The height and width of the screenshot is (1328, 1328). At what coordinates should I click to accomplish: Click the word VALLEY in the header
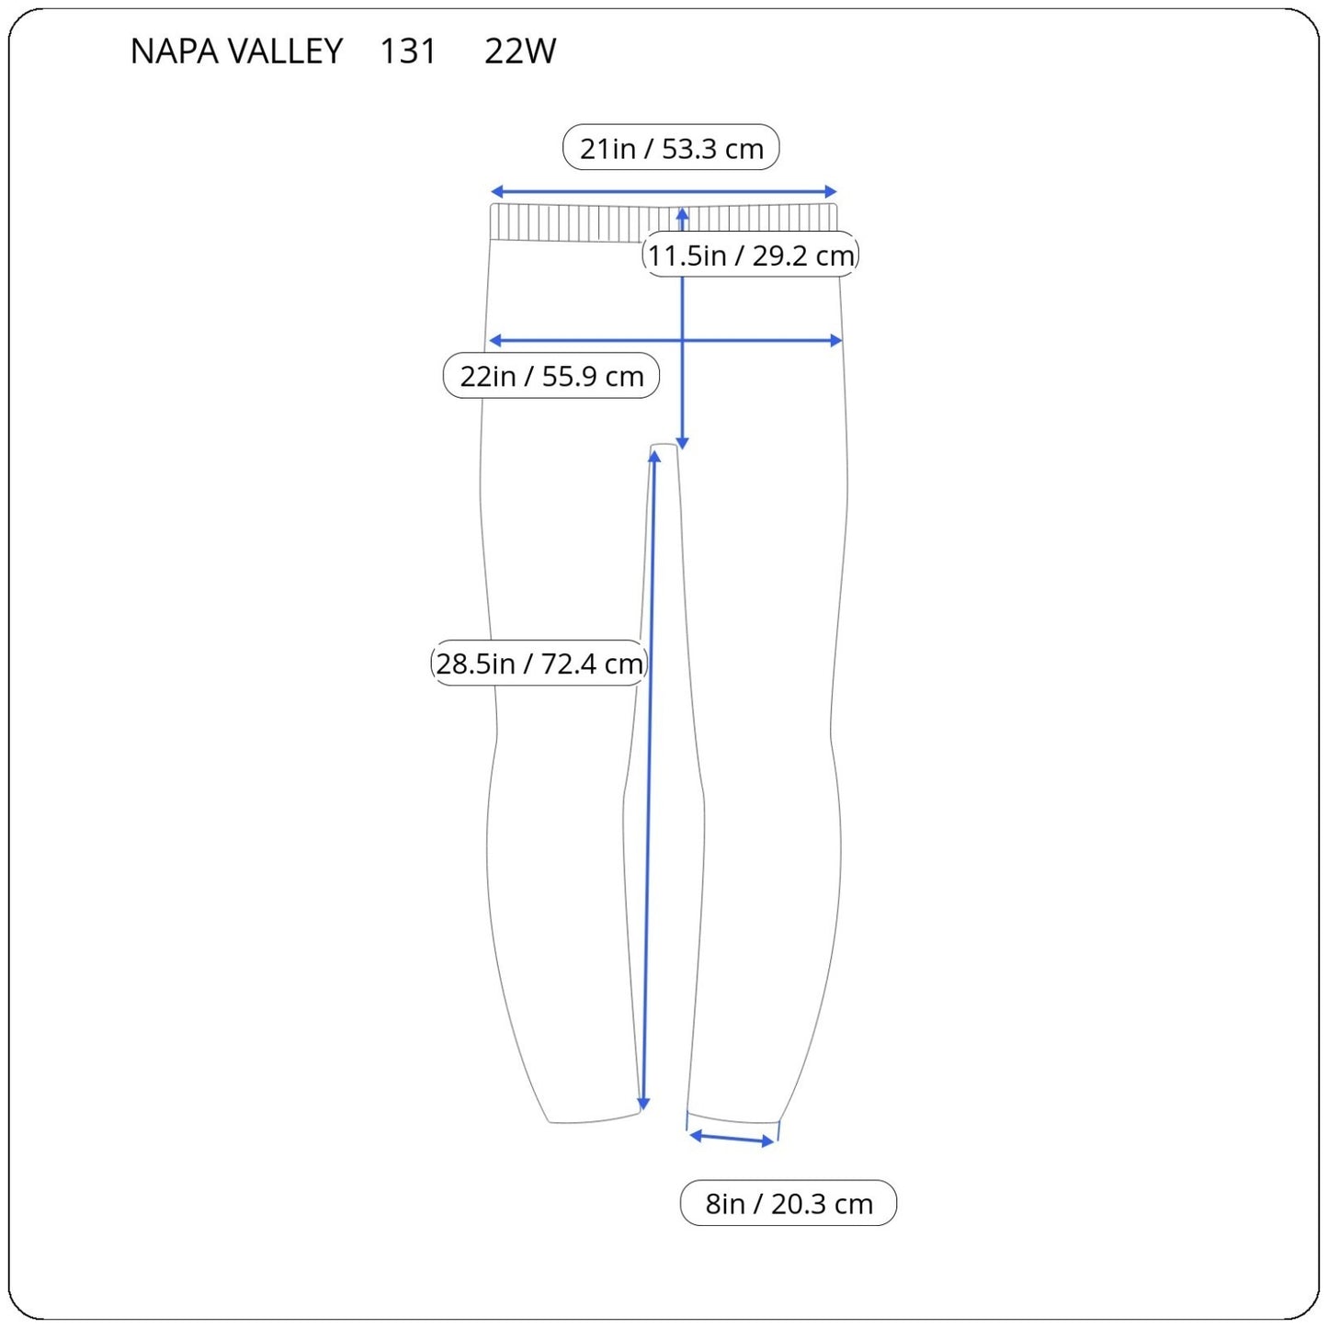(285, 51)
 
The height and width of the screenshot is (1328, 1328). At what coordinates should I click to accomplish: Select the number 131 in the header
(408, 51)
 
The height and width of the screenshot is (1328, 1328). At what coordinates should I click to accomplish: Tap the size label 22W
(519, 51)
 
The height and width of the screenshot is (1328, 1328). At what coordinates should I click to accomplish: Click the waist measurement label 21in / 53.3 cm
(671, 147)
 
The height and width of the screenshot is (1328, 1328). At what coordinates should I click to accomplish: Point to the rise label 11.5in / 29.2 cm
(751, 255)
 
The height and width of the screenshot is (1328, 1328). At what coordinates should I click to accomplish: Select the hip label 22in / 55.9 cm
(551, 376)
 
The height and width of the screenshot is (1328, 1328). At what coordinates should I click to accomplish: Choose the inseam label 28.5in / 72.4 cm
(539, 663)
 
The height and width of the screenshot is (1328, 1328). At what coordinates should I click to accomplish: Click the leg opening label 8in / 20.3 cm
(789, 1203)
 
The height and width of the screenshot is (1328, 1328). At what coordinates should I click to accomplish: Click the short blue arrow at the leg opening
(732, 1138)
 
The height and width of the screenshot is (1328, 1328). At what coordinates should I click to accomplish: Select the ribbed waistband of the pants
(664, 222)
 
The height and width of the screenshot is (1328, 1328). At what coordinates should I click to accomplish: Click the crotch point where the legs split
(664, 445)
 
